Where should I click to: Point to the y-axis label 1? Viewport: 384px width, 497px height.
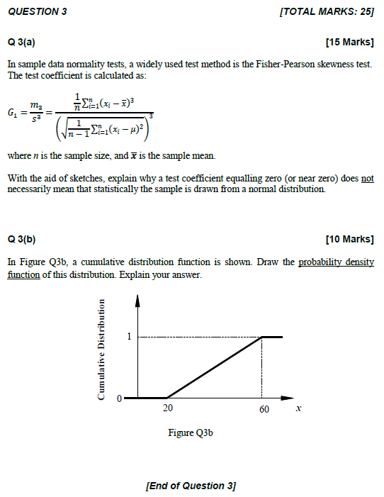coord(129,337)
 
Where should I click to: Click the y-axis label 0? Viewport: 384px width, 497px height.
coord(120,397)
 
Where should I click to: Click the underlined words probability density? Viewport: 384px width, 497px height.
coord(336,262)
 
